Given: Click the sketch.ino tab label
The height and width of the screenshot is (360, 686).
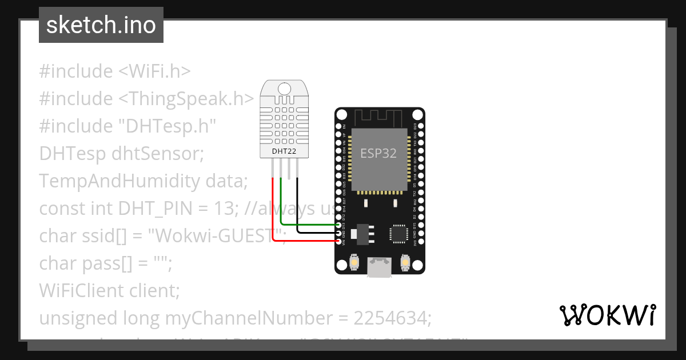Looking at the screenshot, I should [101, 25].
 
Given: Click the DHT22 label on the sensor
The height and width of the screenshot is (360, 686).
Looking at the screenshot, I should [284, 152].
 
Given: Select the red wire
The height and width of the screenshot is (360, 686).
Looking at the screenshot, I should [303, 242].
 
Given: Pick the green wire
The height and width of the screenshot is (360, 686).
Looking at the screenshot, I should [309, 225].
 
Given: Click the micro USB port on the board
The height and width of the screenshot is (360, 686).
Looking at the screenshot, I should [379, 267].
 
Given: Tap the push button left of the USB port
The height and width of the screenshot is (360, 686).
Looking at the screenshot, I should [354, 262].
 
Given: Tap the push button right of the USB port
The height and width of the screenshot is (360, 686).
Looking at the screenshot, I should [405, 262].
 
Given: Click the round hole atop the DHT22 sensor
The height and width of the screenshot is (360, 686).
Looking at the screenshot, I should [284, 89].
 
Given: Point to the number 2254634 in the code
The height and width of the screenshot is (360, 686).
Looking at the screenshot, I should [387, 318].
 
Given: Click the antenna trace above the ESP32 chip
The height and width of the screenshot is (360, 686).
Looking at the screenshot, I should [379, 117].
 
